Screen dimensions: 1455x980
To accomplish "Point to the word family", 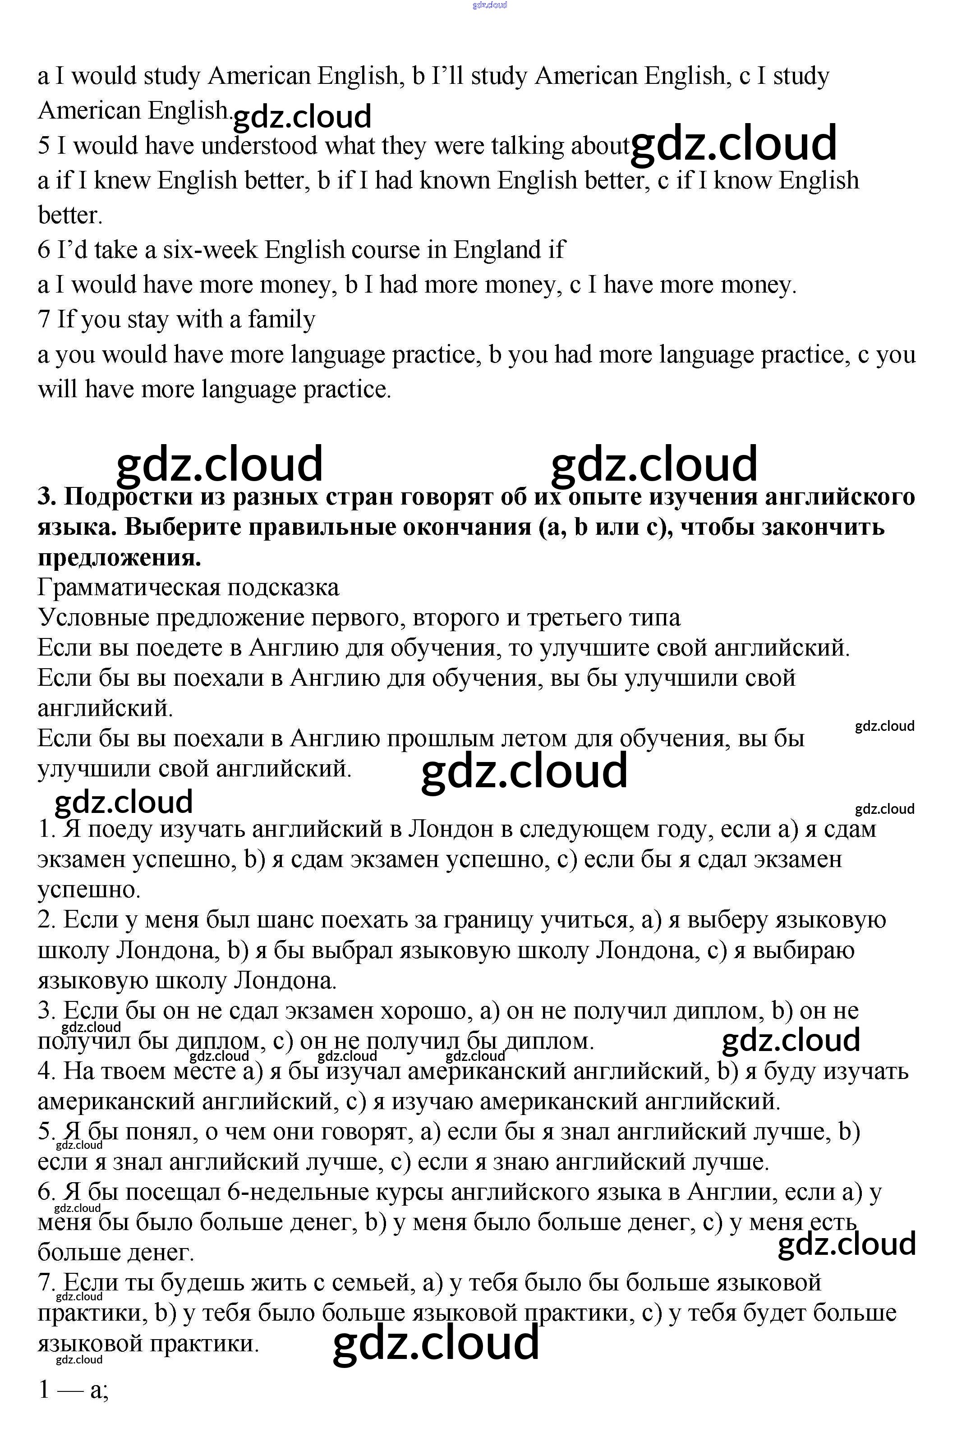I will [x=281, y=319].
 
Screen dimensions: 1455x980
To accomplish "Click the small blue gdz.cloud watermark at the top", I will [x=489, y=5].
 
